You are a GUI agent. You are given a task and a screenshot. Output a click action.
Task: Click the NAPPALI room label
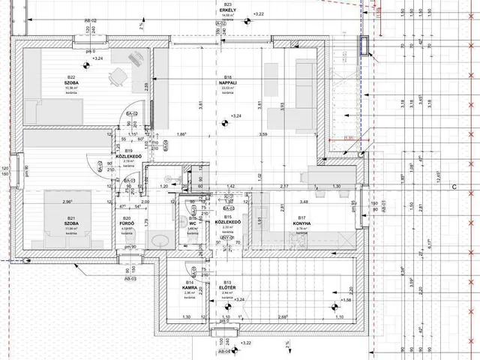coord(226,83)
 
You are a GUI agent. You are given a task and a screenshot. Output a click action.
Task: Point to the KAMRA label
coord(190,289)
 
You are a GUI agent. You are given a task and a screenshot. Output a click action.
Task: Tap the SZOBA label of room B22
coord(72,83)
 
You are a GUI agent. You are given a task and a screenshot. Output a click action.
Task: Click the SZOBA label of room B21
coord(72,223)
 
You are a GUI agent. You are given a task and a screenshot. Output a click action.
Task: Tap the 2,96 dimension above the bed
coord(67,201)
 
